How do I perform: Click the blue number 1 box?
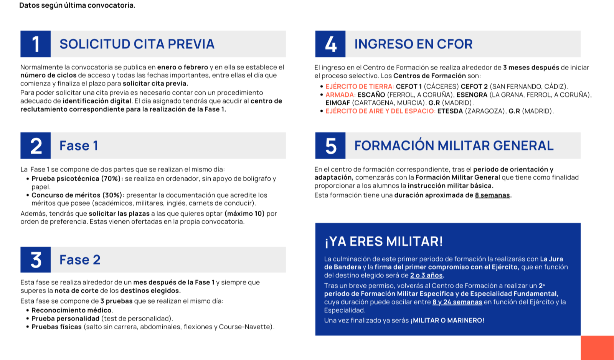click(x=35, y=44)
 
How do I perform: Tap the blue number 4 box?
click(x=330, y=44)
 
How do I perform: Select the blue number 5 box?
click(x=330, y=146)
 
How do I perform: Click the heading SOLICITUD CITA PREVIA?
click(x=137, y=44)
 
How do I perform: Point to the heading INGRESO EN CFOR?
click(x=413, y=44)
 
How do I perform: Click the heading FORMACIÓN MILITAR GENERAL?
click(x=454, y=146)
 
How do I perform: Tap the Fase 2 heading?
click(x=80, y=260)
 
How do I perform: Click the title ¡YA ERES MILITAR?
click(x=384, y=241)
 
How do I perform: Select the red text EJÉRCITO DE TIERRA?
click(x=359, y=87)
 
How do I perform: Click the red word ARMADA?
click(x=340, y=95)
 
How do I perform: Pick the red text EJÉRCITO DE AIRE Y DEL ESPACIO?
click(x=380, y=111)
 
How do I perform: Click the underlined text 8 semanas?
click(x=492, y=195)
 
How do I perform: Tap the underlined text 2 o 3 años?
click(x=426, y=276)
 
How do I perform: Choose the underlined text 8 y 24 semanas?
click(x=457, y=302)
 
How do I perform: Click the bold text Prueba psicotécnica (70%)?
click(x=77, y=179)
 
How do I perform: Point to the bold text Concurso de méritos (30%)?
click(x=78, y=195)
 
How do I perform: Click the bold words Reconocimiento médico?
click(x=71, y=310)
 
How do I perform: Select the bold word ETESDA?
click(x=450, y=111)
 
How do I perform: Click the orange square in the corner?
click(x=597, y=348)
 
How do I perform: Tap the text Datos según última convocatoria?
click(x=77, y=5)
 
